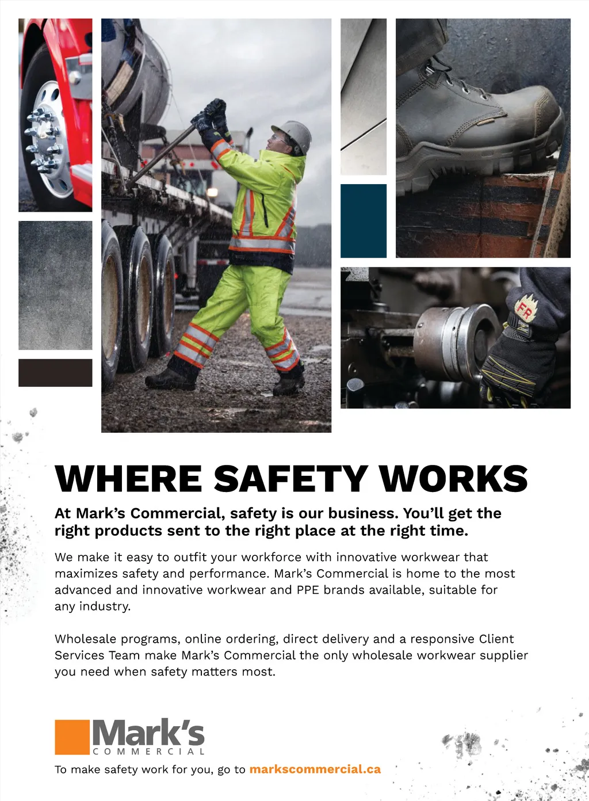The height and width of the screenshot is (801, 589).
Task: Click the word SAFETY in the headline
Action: click(x=290, y=479)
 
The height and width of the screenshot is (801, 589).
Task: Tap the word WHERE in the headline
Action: click(x=128, y=479)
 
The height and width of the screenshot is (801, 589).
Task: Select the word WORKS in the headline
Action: click(x=453, y=479)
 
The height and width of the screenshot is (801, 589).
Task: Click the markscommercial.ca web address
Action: click(x=315, y=769)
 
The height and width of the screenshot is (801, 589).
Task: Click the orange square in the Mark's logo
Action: click(x=72, y=737)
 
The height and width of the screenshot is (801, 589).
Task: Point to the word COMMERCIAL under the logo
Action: click(x=148, y=752)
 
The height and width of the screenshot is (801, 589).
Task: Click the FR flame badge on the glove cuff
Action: click(x=525, y=309)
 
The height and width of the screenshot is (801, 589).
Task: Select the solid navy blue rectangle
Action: click(x=364, y=221)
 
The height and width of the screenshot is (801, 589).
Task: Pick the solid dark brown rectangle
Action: click(x=55, y=372)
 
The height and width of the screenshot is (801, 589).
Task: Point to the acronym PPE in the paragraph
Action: click(x=308, y=590)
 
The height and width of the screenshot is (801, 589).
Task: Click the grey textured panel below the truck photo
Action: click(x=55, y=285)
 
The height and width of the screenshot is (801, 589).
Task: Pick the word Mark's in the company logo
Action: click(x=148, y=733)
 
